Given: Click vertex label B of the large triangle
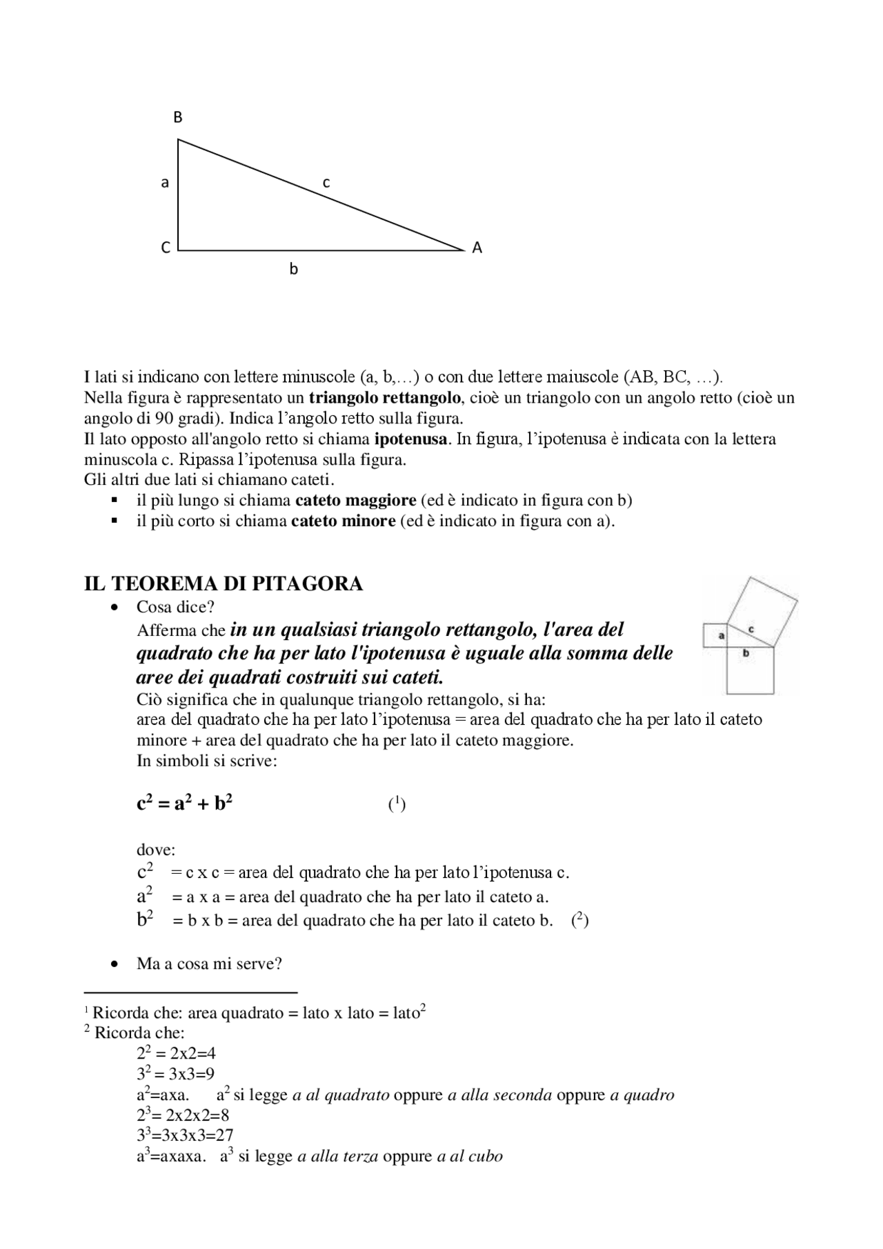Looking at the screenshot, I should [x=178, y=117].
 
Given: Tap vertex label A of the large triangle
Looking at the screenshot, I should [x=477, y=248].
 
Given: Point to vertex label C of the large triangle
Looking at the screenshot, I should [x=166, y=248].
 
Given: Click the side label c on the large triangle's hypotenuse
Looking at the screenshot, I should [x=326, y=183].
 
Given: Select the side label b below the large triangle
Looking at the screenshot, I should [x=293, y=270].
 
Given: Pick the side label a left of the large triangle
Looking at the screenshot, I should [x=165, y=183].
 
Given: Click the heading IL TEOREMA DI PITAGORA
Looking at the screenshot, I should [x=223, y=583].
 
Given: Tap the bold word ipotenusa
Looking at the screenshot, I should [x=411, y=439].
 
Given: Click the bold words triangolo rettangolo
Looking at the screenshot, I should [x=385, y=397].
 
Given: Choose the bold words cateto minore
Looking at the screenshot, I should [x=343, y=521].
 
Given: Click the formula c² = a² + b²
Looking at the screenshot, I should [x=184, y=803].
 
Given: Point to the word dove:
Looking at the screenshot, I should [x=156, y=850].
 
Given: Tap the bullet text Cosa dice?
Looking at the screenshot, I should [x=175, y=607].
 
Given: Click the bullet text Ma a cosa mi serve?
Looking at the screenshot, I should [x=209, y=963].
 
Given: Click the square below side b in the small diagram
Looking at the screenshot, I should [x=750, y=670].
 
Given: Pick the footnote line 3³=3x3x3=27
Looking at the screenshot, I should [x=185, y=1135].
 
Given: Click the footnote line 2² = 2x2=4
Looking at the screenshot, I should [x=176, y=1053].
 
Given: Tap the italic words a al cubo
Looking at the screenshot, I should [x=470, y=1156].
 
